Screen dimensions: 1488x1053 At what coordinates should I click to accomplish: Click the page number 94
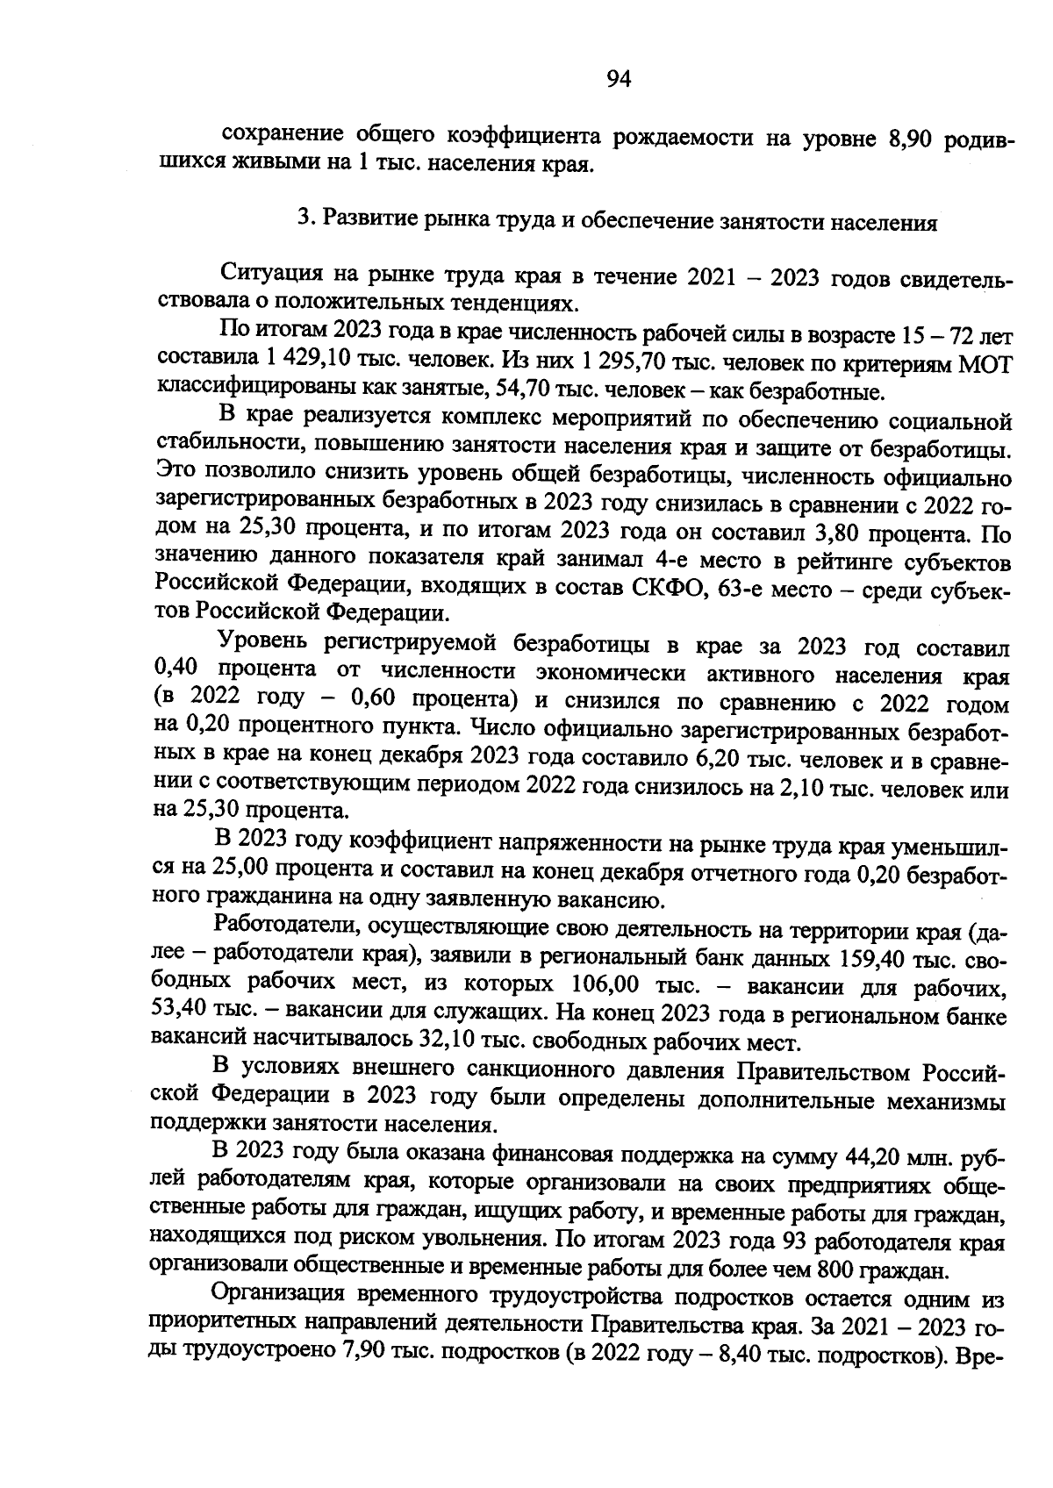coord(619,80)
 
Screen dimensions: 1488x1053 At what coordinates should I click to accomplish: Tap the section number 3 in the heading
coord(304,220)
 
